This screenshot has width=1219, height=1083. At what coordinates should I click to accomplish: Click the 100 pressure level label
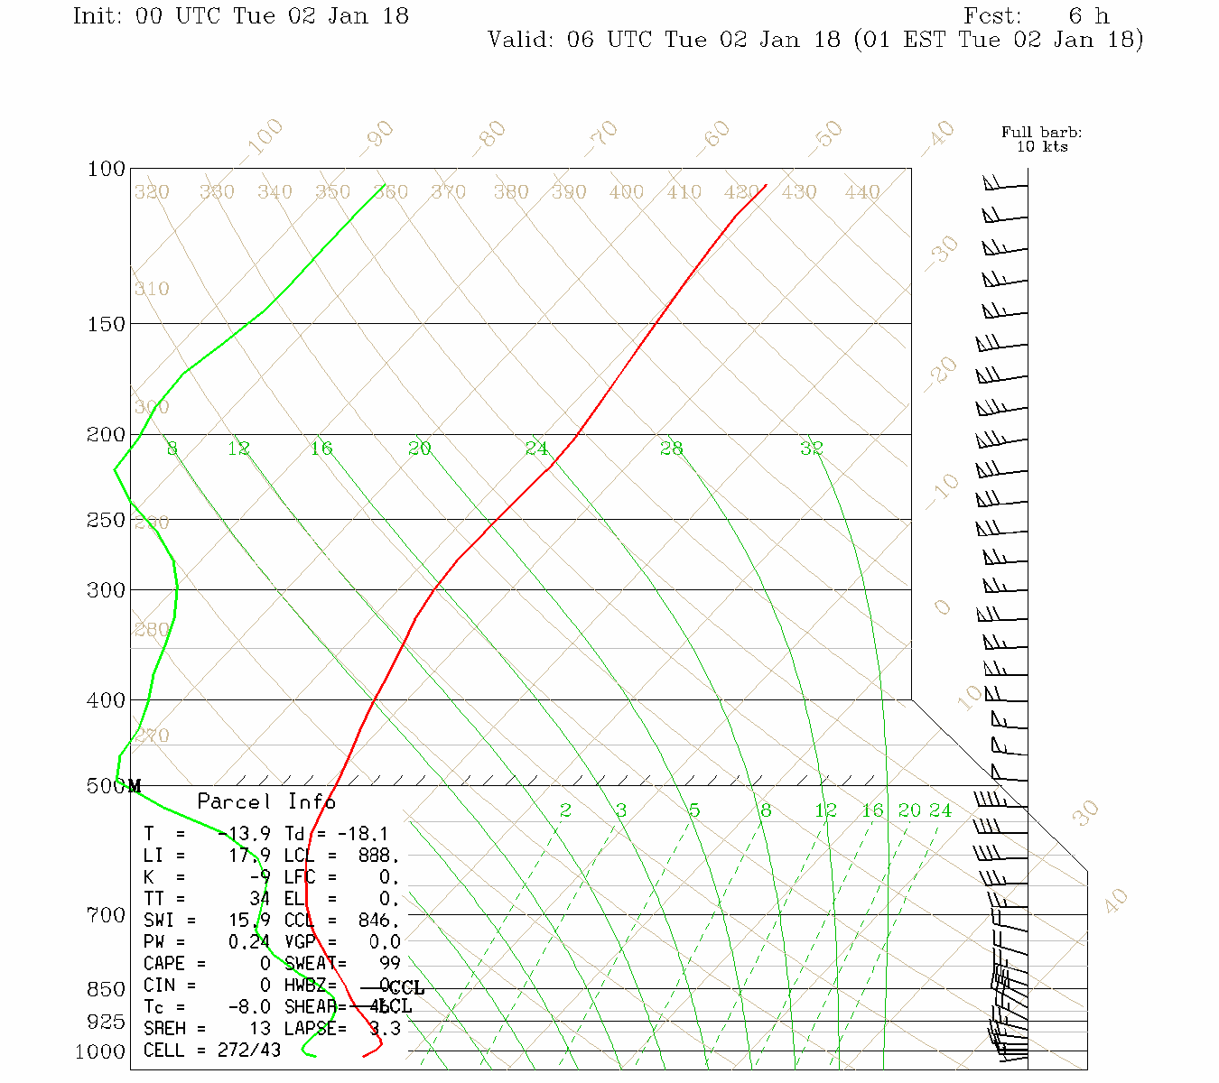tap(106, 170)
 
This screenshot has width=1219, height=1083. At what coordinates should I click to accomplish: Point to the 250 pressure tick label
tap(106, 521)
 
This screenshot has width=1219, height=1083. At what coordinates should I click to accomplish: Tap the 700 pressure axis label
tap(106, 916)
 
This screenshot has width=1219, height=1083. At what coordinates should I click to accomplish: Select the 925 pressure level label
tap(106, 1022)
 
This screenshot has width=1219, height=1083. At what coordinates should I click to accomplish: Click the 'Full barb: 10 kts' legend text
tap(1041, 140)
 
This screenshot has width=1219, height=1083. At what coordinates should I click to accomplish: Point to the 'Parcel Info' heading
tap(266, 801)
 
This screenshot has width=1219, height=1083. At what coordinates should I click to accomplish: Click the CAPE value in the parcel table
tap(265, 964)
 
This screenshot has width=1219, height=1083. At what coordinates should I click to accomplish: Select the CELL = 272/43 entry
tap(212, 1051)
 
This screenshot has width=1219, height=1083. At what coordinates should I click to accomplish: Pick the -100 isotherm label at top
tap(264, 136)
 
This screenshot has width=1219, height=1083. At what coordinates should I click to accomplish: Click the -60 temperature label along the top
tap(713, 135)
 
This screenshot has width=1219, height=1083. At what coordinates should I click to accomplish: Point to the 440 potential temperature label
tap(862, 192)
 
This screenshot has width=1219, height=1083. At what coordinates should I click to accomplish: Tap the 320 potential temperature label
tap(152, 192)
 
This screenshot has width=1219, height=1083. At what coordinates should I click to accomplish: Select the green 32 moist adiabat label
tap(812, 448)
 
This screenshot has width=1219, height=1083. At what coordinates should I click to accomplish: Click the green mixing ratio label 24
tap(940, 810)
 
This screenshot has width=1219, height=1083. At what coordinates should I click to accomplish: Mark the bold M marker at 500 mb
tap(135, 786)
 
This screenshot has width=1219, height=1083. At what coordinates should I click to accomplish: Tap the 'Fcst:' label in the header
tap(992, 16)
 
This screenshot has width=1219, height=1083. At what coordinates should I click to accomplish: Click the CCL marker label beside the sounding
tap(405, 988)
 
